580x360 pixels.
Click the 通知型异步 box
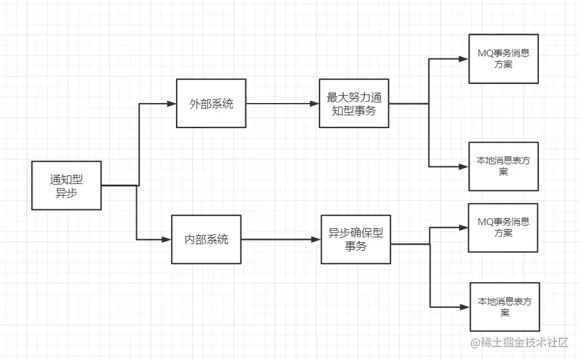click(x=66, y=186)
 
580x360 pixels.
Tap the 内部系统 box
click(x=206, y=239)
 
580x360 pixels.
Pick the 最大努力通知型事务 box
click(x=354, y=104)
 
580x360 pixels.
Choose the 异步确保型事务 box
click(x=356, y=239)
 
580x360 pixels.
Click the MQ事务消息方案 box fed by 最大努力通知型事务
click(x=503, y=59)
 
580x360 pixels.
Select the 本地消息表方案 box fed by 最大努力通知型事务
click(x=503, y=166)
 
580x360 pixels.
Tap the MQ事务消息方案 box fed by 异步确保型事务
click(x=503, y=228)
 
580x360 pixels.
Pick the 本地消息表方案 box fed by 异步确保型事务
click(x=505, y=307)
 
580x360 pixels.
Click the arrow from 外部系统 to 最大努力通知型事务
click(x=282, y=104)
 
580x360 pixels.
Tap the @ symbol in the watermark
click(x=475, y=342)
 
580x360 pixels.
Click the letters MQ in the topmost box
click(x=484, y=53)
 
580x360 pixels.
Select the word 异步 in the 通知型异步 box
click(x=66, y=193)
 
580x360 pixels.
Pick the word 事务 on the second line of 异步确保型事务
click(x=356, y=247)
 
